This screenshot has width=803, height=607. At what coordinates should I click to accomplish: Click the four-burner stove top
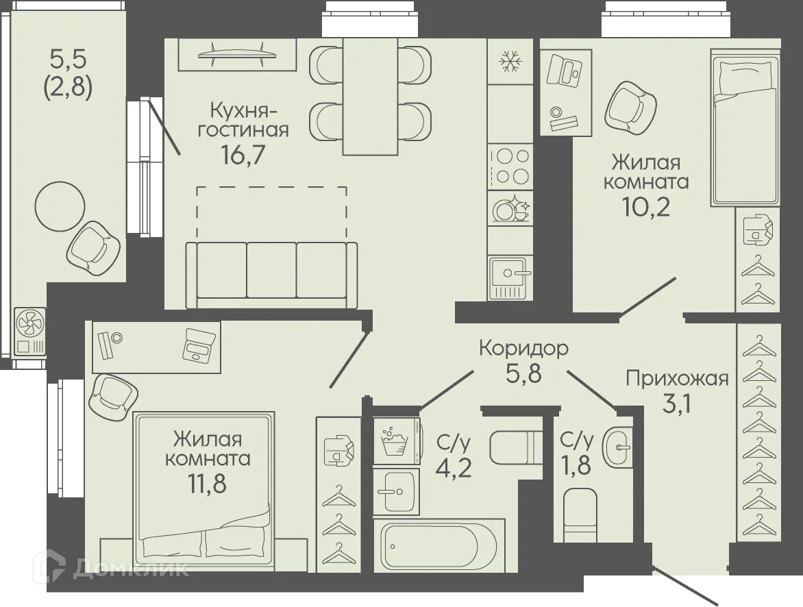click(510, 165)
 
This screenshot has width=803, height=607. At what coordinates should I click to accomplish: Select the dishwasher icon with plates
click(510, 208)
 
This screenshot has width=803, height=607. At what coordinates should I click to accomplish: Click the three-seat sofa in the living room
click(271, 274)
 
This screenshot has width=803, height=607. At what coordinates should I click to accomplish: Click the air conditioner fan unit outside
click(29, 331)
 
